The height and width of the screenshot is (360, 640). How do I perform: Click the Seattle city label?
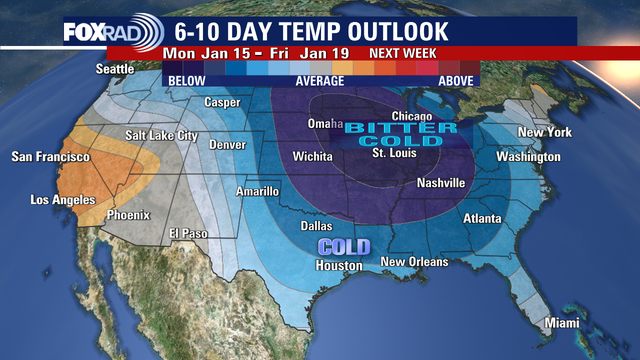click(x=115, y=69)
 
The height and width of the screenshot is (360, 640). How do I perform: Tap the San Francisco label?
click(x=50, y=157)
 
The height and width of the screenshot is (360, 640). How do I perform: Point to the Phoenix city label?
click(x=127, y=214)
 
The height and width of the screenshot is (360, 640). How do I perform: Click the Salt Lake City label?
click(x=162, y=135)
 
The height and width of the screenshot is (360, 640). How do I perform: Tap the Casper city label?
click(x=222, y=102)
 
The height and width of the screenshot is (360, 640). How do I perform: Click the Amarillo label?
click(x=257, y=190)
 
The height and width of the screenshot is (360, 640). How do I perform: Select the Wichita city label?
click(x=312, y=157)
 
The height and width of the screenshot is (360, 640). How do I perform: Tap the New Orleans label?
click(x=414, y=262)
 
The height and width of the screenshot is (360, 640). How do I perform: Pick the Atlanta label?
click(x=482, y=218)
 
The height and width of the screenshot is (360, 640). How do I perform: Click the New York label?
click(x=544, y=133)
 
